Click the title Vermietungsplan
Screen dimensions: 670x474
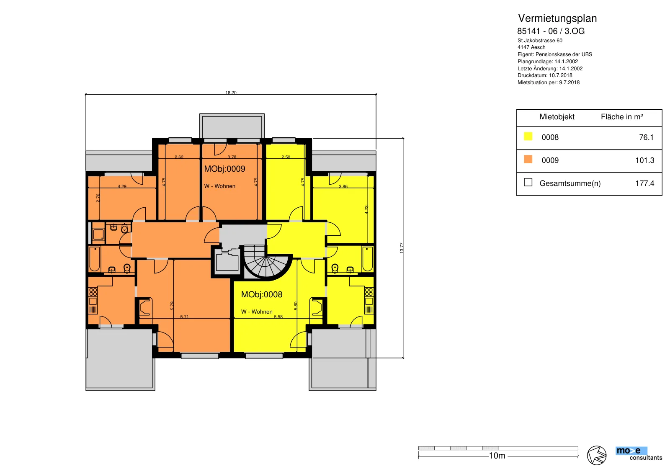click(x=557, y=18)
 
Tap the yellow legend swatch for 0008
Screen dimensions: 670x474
click(x=528, y=137)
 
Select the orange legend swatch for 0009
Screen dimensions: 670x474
click(x=528, y=160)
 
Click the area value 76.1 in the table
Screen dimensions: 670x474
click(x=646, y=137)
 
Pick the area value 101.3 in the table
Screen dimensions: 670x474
click(x=644, y=160)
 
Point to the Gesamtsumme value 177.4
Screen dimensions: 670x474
click(x=644, y=183)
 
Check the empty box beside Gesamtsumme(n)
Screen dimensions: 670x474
click(x=528, y=183)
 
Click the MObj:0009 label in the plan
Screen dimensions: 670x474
click(x=224, y=169)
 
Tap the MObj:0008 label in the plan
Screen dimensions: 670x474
click(x=262, y=294)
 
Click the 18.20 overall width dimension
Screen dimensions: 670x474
click(x=231, y=93)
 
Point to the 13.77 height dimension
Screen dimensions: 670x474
click(x=402, y=248)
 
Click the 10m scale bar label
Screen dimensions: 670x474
click(x=497, y=456)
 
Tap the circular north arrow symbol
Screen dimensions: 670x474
click(x=597, y=456)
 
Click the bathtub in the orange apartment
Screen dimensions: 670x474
click(x=95, y=259)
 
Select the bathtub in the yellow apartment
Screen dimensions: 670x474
click(x=368, y=259)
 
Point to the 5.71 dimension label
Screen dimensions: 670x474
click(x=184, y=317)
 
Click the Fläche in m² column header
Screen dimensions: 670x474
click(x=622, y=117)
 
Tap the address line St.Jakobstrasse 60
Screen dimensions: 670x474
click(x=540, y=40)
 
